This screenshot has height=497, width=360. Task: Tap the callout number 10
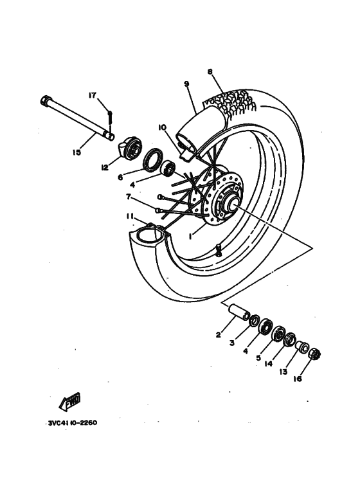click(162, 127)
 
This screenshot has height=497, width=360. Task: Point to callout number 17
click(93, 95)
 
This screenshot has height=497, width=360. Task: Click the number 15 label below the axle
click(77, 152)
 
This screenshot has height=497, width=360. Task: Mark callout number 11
click(130, 218)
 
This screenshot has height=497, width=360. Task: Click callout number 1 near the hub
click(190, 236)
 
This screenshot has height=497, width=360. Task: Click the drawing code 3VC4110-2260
click(73, 424)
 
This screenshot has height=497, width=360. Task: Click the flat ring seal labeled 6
click(153, 159)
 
